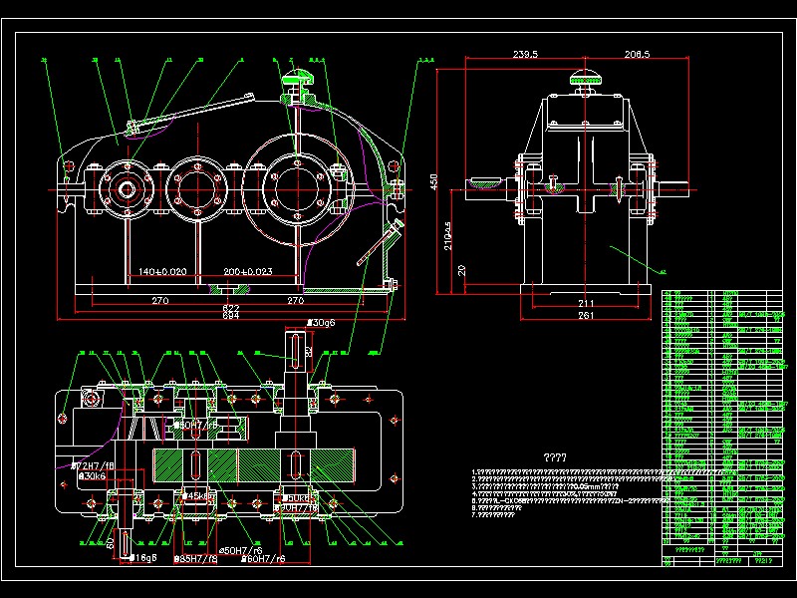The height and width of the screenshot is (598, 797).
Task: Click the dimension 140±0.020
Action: coord(161,271)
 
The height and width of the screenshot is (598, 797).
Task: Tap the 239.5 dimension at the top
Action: coord(524,54)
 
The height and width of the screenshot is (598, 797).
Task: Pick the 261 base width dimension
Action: coord(586,316)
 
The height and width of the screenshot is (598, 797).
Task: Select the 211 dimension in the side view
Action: coord(586,303)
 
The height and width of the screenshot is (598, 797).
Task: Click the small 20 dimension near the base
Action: coord(460,270)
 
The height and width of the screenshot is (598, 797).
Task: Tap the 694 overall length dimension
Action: coord(230,317)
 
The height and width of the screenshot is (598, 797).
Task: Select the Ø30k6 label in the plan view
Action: coord(93,477)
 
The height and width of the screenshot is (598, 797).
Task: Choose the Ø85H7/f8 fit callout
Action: coord(197,559)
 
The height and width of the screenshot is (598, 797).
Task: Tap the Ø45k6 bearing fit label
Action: coord(200,495)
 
